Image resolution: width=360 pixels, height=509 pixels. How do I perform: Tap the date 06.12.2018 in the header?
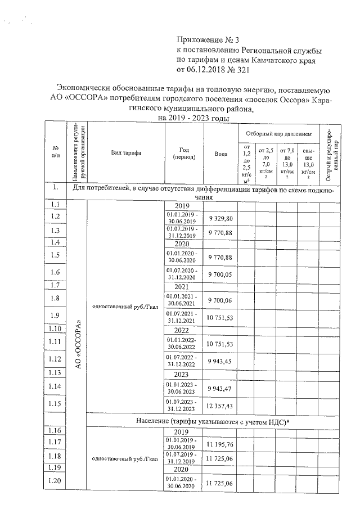tap(213, 70)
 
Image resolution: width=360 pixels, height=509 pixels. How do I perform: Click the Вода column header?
tap(221, 154)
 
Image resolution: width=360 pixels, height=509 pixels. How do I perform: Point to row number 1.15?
tap(55, 404)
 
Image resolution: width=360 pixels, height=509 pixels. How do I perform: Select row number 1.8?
tap(55, 298)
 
